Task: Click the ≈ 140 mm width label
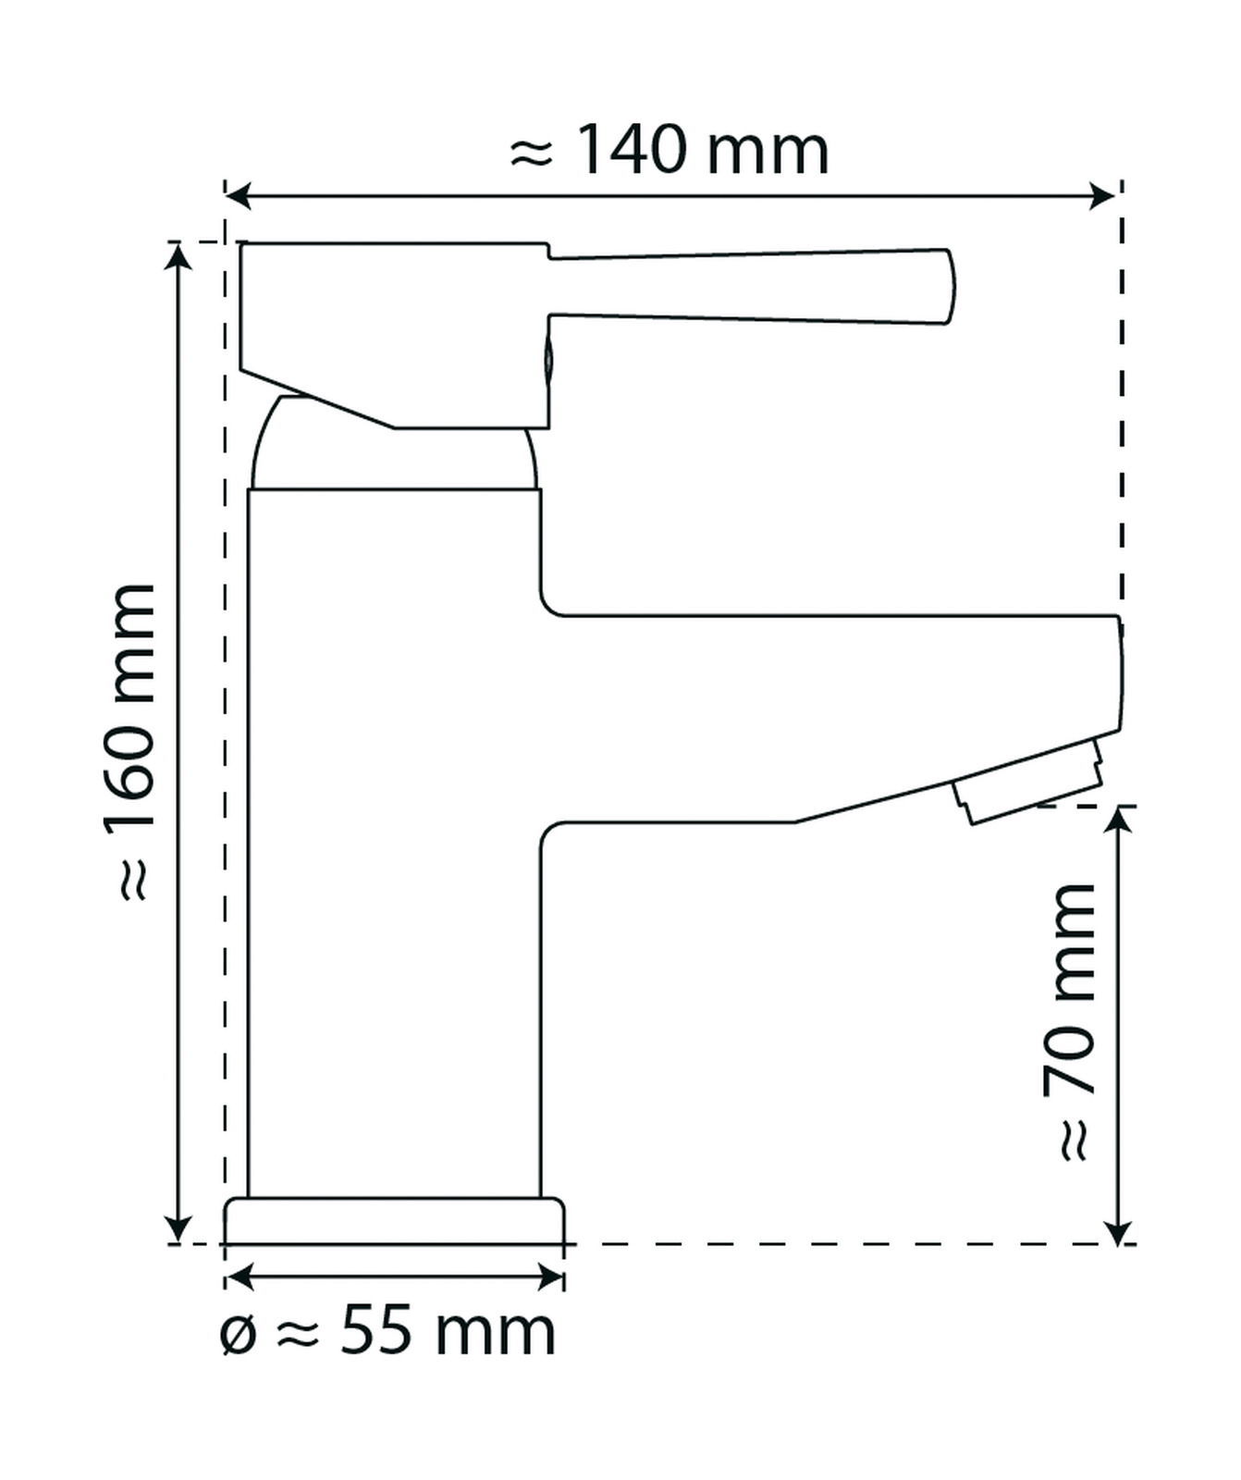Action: point(669,151)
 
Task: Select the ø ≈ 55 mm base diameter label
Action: point(387,1332)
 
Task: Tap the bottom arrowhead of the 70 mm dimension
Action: point(1119,1231)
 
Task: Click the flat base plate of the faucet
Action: point(394,1220)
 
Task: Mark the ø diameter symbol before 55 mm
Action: point(238,1335)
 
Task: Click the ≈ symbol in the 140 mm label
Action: point(531,153)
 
